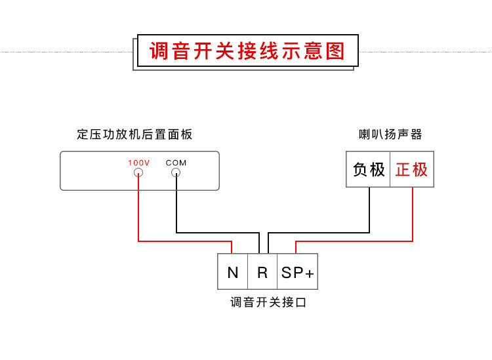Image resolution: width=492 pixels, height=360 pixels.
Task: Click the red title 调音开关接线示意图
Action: (x=247, y=51)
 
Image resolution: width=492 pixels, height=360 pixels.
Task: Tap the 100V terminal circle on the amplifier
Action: (x=138, y=173)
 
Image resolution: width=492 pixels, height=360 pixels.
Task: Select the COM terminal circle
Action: (x=176, y=173)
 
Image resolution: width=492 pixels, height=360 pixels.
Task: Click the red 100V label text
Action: (x=138, y=163)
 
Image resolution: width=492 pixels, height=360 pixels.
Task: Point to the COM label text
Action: (x=176, y=163)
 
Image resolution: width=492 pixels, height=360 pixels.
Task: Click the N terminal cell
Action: (x=233, y=272)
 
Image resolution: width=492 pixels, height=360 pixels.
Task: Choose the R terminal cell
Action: (x=262, y=272)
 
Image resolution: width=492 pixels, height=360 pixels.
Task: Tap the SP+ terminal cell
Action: (x=298, y=272)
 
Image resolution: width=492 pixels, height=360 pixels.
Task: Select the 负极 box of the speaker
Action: (x=369, y=170)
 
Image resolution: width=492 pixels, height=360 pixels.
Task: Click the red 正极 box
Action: (x=412, y=170)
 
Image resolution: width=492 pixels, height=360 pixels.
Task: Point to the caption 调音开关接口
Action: (x=268, y=302)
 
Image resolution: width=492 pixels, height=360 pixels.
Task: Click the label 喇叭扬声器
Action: (x=390, y=134)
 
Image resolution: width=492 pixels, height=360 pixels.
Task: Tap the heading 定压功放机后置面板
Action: (x=134, y=134)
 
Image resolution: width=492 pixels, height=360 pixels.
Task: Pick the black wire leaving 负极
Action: (x=370, y=210)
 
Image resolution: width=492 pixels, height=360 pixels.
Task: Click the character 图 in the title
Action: (x=335, y=51)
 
